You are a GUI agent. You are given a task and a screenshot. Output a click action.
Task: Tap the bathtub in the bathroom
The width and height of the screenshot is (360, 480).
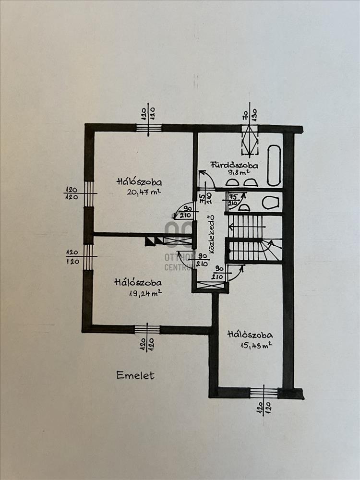click(x=274, y=166)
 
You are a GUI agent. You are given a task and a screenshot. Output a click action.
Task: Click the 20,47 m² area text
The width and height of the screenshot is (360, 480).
click(x=144, y=192)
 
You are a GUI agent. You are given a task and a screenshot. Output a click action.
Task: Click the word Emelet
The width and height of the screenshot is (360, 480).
click(x=135, y=375)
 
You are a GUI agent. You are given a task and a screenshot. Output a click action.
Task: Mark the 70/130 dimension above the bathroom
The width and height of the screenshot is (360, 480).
click(x=250, y=111)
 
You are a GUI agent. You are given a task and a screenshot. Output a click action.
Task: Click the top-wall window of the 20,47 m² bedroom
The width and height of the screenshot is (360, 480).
click(x=149, y=128)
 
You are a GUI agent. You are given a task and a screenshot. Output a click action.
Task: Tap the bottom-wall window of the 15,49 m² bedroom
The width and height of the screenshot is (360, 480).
click(x=264, y=393)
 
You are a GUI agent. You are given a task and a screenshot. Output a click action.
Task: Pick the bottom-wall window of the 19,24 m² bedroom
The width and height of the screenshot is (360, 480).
click(x=147, y=329)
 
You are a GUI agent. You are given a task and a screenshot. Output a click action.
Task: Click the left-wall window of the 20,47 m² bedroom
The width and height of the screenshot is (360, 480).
click(x=89, y=193)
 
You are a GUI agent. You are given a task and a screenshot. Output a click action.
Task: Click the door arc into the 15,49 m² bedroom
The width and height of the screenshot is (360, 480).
click(x=235, y=274)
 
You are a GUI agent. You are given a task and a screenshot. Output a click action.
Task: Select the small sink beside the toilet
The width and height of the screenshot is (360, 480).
click(x=244, y=207)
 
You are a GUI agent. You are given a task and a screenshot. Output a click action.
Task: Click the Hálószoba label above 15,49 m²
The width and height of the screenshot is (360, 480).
click(x=250, y=335)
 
